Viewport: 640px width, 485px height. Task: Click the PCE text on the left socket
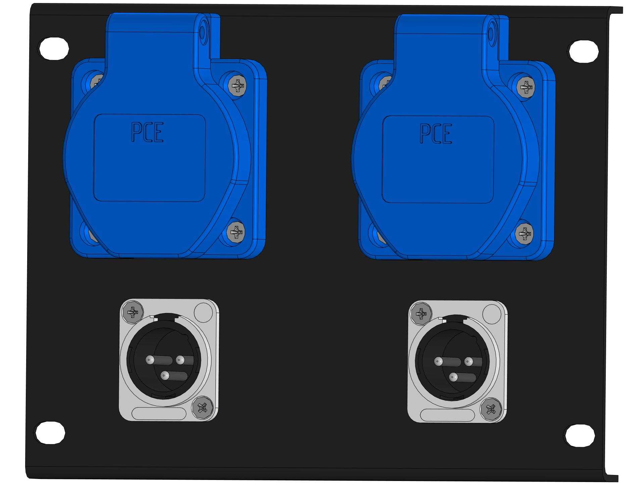pyautogui.click(x=147, y=132)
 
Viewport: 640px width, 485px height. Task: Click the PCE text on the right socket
pyautogui.click(x=436, y=133)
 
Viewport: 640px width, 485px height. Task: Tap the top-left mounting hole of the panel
pyautogui.click(x=54, y=48)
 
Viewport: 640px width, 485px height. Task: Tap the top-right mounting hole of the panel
pyautogui.click(x=584, y=51)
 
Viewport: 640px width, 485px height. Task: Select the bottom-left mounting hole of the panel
pyautogui.click(x=50, y=433)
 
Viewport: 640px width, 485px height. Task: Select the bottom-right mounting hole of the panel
pyautogui.click(x=580, y=435)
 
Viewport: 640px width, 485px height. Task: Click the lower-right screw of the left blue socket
pyautogui.click(x=236, y=231)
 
